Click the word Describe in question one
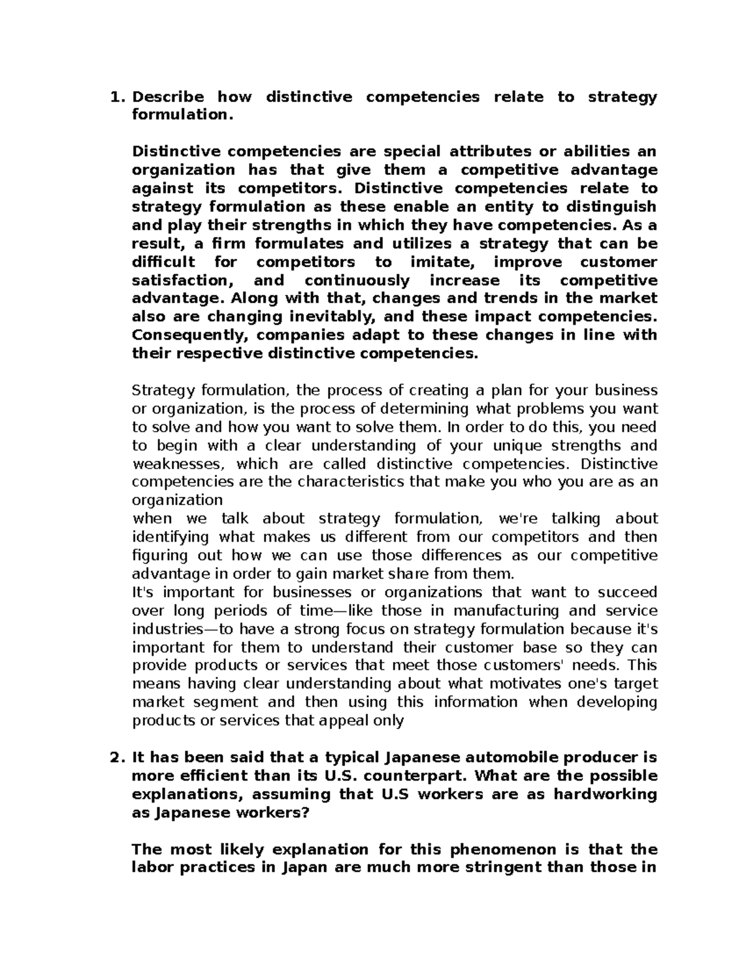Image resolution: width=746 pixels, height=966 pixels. (168, 97)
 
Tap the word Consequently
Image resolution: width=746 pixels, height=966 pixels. (190, 335)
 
